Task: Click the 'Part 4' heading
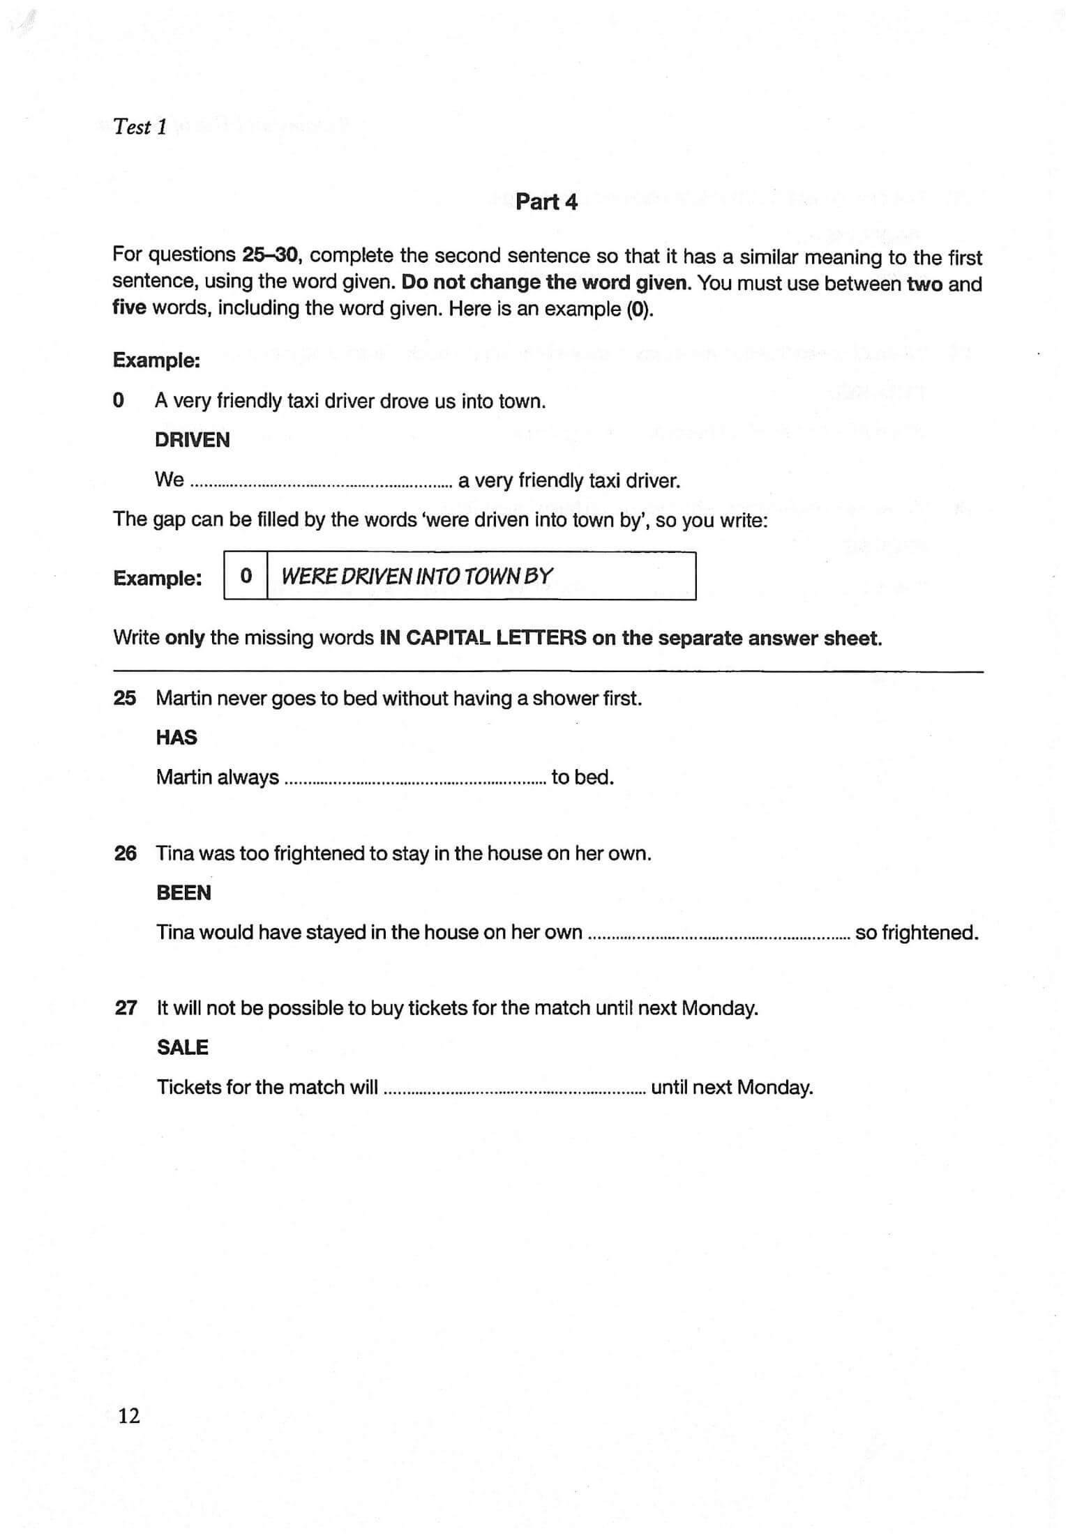(546, 202)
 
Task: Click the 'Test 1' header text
(140, 127)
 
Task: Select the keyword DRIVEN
(192, 440)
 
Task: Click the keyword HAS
(176, 738)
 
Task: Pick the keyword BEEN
(183, 893)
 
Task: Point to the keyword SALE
(182, 1048)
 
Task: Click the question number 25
(125, 698)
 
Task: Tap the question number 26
(125, 853)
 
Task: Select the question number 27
(126, 1008)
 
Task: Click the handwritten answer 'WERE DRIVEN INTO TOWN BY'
(416, 577)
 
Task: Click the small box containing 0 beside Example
(246, 577)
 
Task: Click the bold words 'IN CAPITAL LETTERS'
(482, 638)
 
